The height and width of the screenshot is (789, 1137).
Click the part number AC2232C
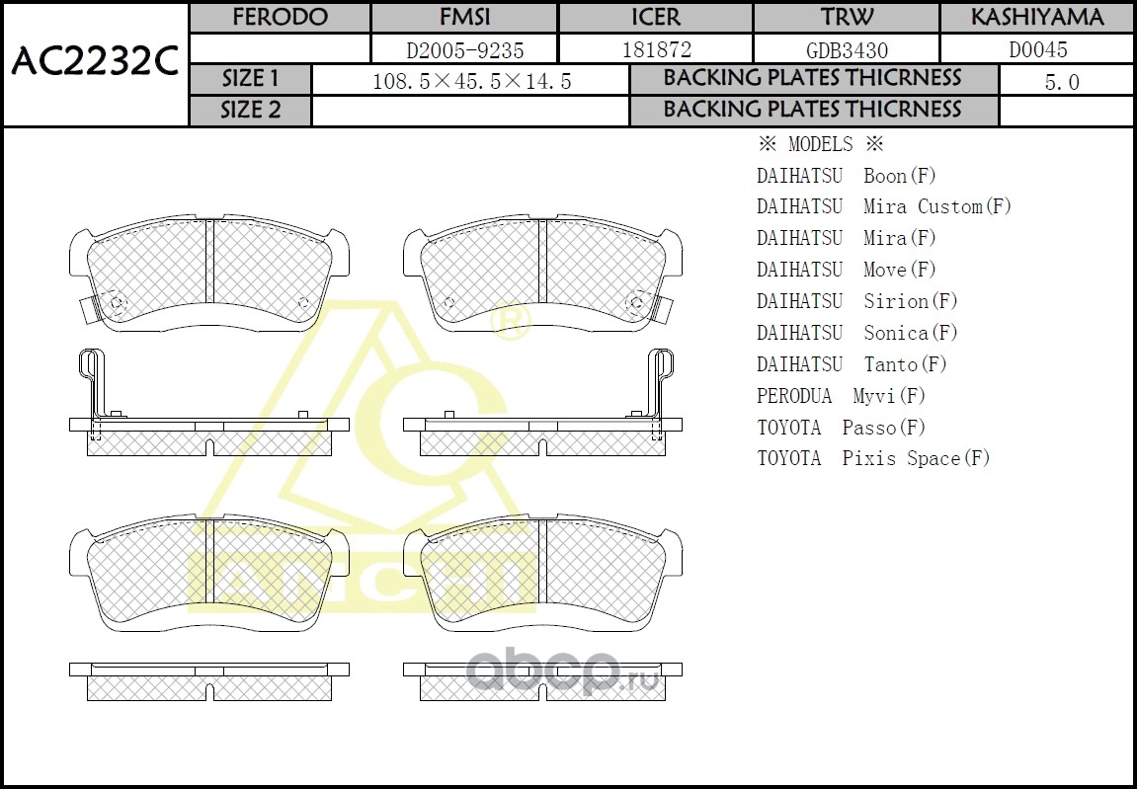click(94, 63)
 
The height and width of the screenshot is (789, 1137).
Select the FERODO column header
click(279, 18)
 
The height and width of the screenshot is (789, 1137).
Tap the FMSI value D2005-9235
click(464, 49)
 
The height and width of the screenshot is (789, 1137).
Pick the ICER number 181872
click(656, 49)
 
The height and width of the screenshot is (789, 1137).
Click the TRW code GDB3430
click(847, 49)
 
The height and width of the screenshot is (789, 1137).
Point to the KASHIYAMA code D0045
click(1037, 49)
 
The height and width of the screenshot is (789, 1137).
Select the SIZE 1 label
click(250, 79)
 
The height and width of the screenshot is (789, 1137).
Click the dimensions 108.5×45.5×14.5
click(471, 82)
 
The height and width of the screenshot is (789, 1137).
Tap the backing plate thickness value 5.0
click(1062, 82)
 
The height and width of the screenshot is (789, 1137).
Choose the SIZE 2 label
click(250, 111)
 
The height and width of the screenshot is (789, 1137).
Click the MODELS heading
click(820, 144)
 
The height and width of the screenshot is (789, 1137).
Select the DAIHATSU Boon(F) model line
click(846, 176)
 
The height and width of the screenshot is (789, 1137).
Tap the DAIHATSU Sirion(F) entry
click(857, 301)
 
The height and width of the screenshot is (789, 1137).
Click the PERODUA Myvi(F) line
click(841, 396)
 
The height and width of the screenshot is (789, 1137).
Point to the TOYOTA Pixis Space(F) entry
click(873, 458)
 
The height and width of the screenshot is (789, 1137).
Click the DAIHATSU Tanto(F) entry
click(852, 364)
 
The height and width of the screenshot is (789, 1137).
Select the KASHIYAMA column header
click(1037, 18)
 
